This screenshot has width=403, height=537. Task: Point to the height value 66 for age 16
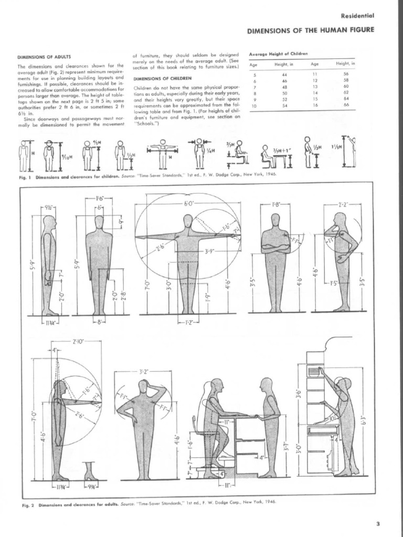click(346, 105)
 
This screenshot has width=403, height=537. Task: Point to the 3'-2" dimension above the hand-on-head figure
click(144, 371)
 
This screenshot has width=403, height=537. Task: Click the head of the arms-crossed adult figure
click(275, 219)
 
